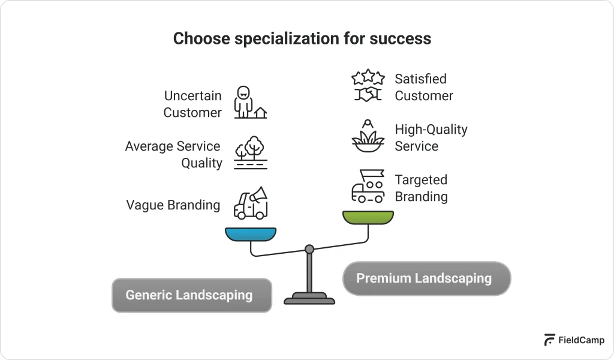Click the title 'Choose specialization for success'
coord(302,38)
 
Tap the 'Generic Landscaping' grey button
coord(191,295)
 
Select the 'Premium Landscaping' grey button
coord(426,278)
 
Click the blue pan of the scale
coord(251,233)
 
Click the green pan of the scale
coord(368,217)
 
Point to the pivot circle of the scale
coord(309,249)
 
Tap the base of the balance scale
coord(309,298)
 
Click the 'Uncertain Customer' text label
coord(192,104)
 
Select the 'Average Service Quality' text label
coord(173,154)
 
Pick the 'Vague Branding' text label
coord(173,205)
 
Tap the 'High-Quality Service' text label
coord(431,137)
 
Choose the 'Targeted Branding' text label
coord(421,188)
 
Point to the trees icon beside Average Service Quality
coord(251,153)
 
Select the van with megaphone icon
coord(251,203)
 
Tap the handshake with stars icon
coord(368,86)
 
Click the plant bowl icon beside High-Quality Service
coord(368,137)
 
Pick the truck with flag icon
coord(368,187)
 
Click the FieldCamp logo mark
coord(549,340)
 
